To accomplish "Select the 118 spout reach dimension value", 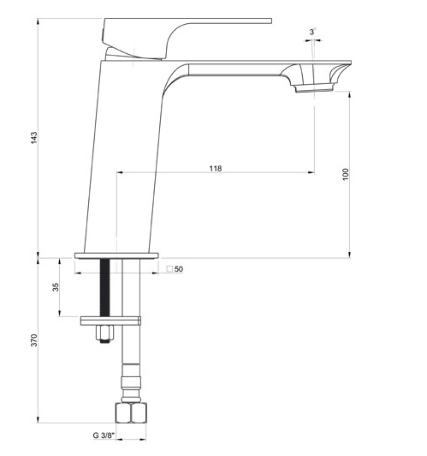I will click(x=215, y=169).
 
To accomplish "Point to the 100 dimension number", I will click(x=345, y=173).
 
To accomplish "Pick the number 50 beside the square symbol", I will click(x=179, y=269).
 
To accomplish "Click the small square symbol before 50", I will click(x=169, y=269).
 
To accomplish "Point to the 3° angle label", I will click(x=313, y=32).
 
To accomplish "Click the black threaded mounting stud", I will click(x=105, y=287).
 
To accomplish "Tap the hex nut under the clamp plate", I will click(x=104, y=334).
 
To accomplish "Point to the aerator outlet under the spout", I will click(x=312, y=87).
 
